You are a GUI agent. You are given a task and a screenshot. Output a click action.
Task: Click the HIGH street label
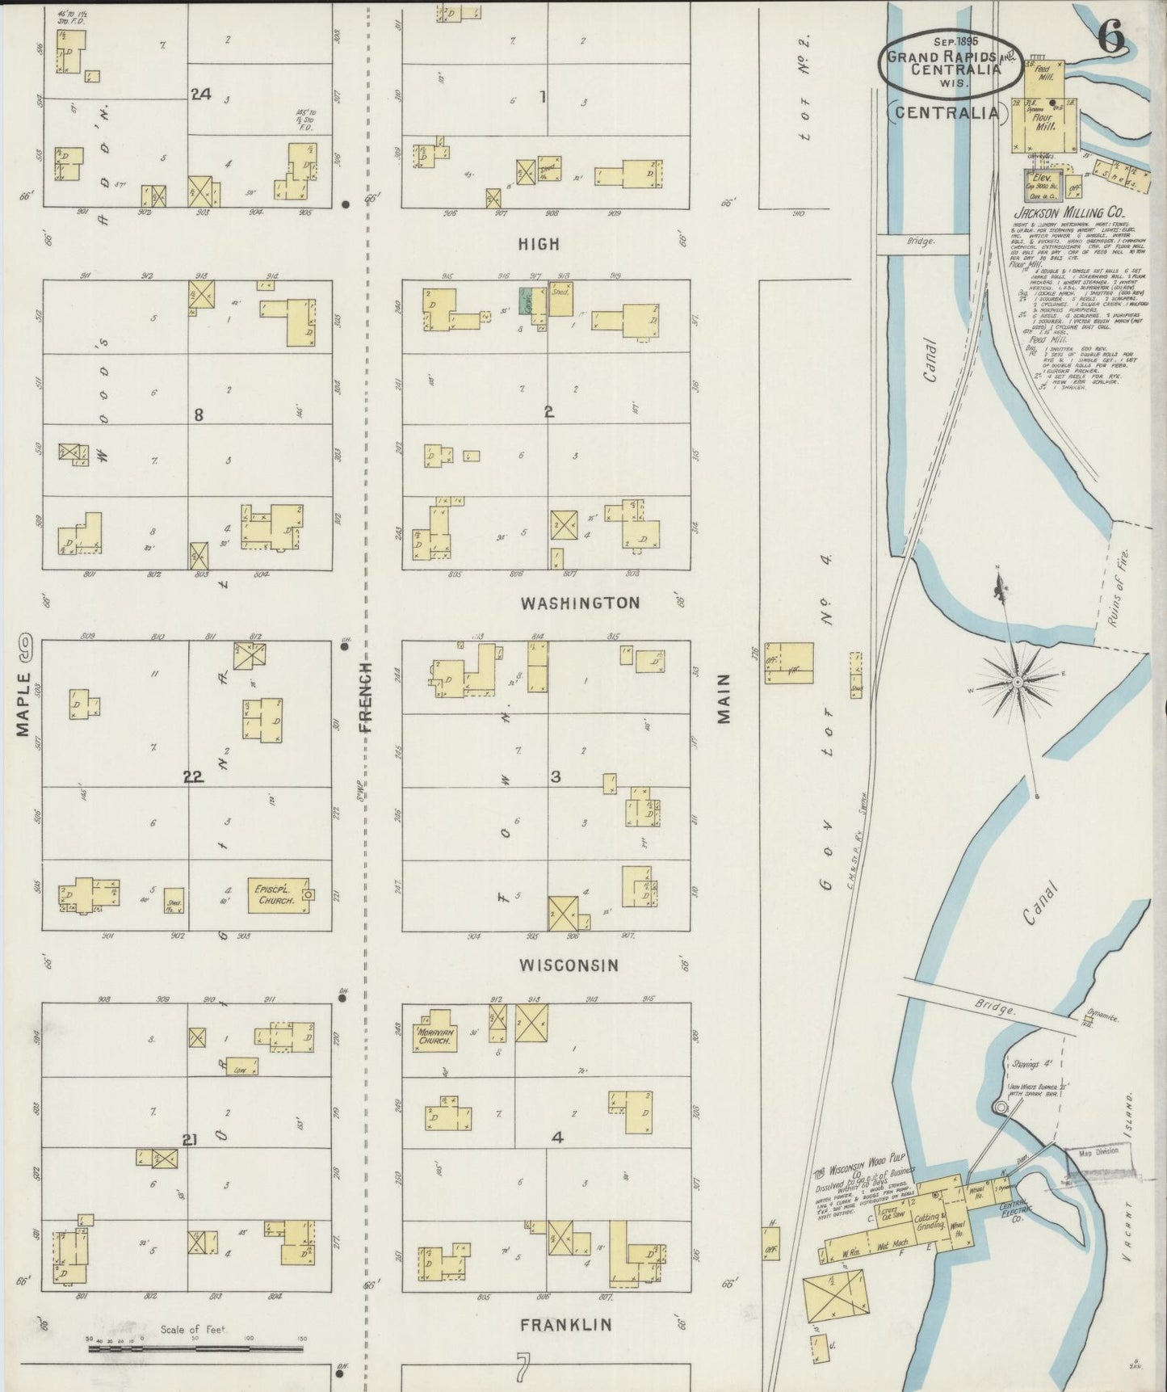(539, 244)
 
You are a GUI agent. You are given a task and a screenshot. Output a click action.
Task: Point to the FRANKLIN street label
(565, 1324)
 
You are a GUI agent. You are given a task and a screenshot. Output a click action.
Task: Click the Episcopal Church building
(278, 894)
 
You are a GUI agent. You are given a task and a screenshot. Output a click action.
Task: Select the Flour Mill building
(1047, 123)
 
